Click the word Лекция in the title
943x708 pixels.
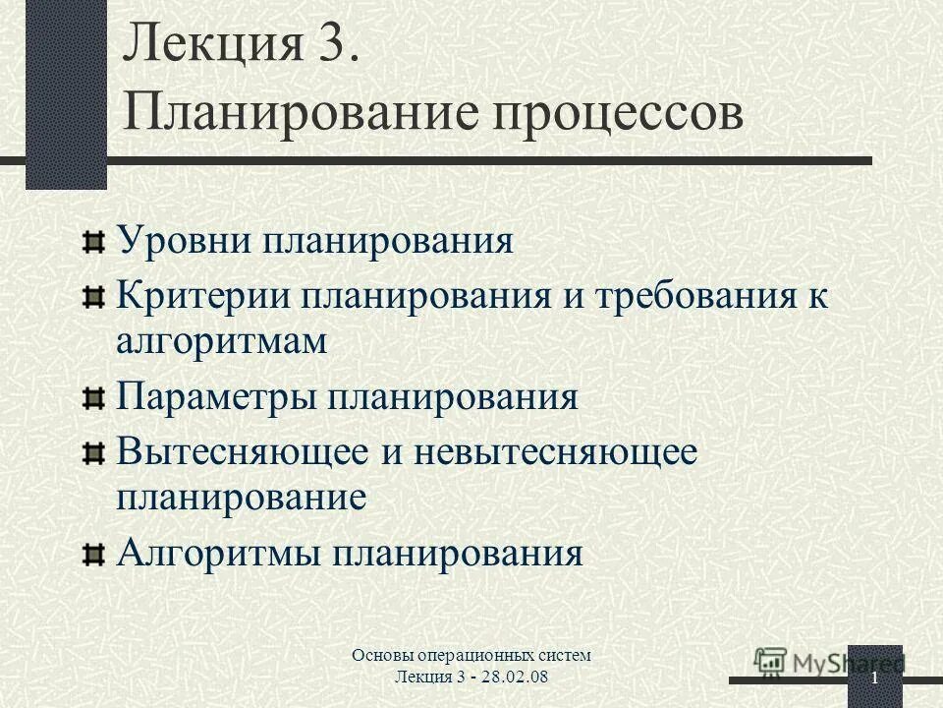[207, 47]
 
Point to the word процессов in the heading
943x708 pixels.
[611, 115]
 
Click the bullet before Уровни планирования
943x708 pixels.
[92, 242]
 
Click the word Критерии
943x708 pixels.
[202, 297]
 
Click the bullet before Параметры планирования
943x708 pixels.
[92, 398]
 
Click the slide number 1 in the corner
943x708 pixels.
[872, 681]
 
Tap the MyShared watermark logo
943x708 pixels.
[827, 663]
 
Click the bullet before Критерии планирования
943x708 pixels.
[92, 298]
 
